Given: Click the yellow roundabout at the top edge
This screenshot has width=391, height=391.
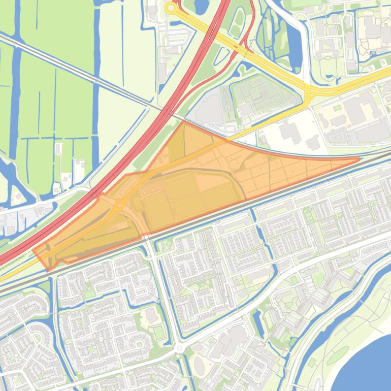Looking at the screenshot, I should [x=171, y=8].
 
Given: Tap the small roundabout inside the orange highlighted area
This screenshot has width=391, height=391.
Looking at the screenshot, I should [x=119, y=206].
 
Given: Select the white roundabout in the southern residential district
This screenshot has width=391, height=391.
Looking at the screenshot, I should [x=179, y=349].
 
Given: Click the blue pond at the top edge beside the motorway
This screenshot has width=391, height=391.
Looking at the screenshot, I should [x=201, y=6].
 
